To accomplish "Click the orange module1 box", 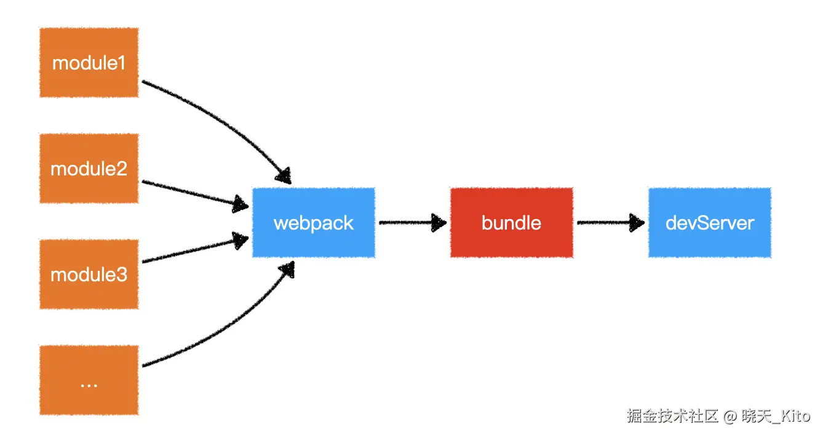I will click(x=89, y=62).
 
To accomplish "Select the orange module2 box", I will click(x=89, y=168).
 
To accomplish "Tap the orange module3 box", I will click(x=89, y=274).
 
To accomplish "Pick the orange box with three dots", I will click(x=89, y=380).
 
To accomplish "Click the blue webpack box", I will click(x=313, y=222).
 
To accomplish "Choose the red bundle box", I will click(x=511, y=222).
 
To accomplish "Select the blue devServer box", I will click(x=709, y=222).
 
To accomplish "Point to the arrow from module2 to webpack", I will click(x=191, y=192).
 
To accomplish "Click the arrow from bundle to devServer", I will click(x=606, y=222).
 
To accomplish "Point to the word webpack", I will click(x=313, y=223).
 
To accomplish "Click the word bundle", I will click(x=511, y=223).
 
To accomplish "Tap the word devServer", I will click(x=709, y=223).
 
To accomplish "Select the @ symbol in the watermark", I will click(x=730, y=417).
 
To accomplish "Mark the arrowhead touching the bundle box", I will click(x=439, y=222).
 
